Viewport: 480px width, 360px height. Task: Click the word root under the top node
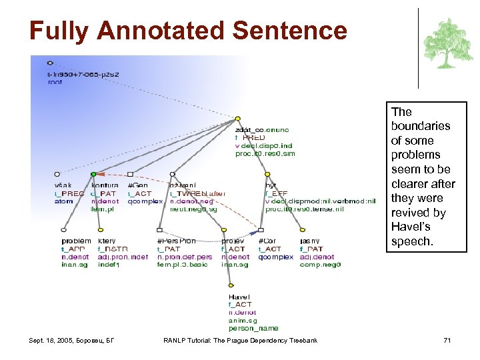click(55, 82)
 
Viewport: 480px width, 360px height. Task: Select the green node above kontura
click(93, 175)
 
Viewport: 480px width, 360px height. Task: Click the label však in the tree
click(63, 185)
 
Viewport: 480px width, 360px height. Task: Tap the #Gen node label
click(137, 185)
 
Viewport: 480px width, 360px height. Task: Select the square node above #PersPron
click(161, 231)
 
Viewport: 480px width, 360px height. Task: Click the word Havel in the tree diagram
click(239, 297)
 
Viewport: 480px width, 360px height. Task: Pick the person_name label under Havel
click(253, 328)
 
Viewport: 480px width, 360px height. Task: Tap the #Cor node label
click(267, 241)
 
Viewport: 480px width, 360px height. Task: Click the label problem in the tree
click(76, 241)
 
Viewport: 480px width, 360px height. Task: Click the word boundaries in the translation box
click(421, 126)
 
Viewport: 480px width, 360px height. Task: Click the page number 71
click(447, 341)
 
